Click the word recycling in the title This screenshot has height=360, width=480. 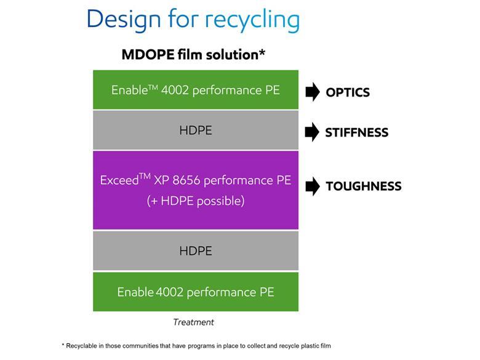[x=252, y=20]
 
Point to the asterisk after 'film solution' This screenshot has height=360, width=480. [x=262, y=52]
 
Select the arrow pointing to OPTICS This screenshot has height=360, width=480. [x=313, y=92]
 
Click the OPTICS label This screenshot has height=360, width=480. [x=348, y=92]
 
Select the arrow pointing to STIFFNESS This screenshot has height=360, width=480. [x=313, y=132]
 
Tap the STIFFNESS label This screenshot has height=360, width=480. [x=357, y=132]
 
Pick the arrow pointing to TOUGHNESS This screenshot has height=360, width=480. [x=313, y=186]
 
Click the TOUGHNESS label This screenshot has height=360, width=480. [x=363, y=186]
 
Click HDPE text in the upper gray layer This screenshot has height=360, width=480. [x=196, y=130]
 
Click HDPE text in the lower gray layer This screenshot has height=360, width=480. [x=196, y=251]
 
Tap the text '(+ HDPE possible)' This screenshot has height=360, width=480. [x=196, y=201]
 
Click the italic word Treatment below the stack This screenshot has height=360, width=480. [x=193, y=322]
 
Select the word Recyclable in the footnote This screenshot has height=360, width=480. [x=82, y=346]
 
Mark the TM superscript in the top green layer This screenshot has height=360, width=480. [x=152, y=87]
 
